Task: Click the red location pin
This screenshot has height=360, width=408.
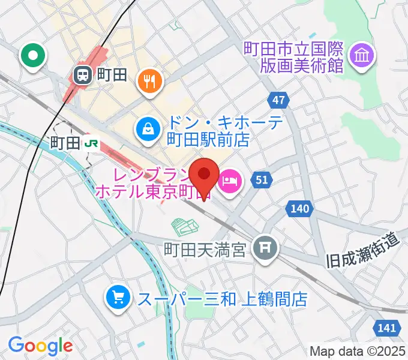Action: (204, 176)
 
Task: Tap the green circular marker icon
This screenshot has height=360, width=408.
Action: (33, 57)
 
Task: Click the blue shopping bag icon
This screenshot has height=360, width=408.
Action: (146, 128)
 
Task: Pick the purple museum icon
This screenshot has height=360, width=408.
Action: (362, 56)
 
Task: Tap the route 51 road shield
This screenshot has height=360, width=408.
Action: (262, 180)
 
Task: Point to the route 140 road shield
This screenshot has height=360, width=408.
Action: (301, 209)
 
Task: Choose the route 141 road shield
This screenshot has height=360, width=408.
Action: (388, 328)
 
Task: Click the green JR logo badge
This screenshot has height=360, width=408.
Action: (91, 143)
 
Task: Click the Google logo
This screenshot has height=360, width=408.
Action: (40, 346)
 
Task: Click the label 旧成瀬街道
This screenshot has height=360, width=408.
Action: (362, 251)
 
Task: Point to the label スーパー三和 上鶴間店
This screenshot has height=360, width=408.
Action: (223, 298)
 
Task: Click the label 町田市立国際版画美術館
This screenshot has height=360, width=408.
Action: (293, 56)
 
